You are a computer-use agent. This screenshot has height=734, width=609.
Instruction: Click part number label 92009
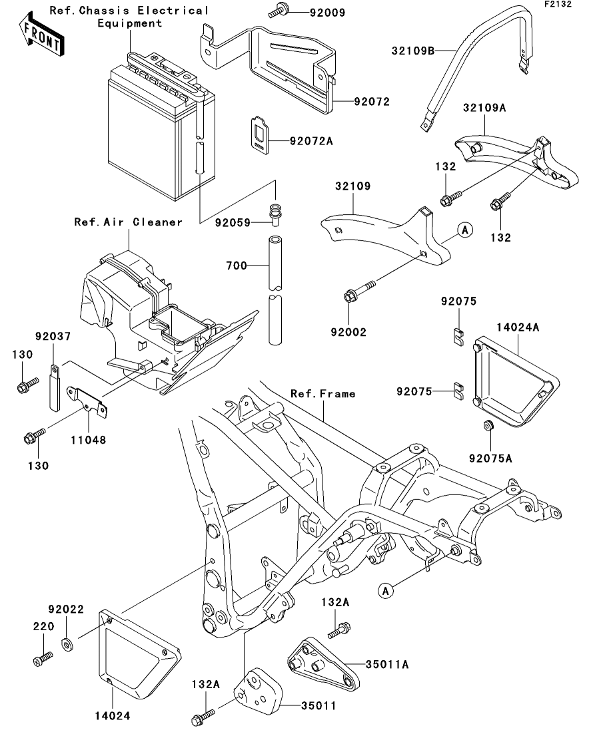[x=327, y=13]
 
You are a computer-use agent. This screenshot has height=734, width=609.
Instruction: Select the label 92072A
[x=311, y=141]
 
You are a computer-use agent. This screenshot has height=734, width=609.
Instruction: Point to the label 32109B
[x=413, y=51]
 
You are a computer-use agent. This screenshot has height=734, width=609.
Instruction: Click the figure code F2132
[x=558, y=4]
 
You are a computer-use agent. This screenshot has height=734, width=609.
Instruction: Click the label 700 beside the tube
[x=237, y=266]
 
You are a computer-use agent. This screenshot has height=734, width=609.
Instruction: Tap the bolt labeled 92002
[x=360, y=290]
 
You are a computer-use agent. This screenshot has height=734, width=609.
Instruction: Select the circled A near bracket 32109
[x=465, y=230]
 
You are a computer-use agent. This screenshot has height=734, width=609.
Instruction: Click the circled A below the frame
[x=385, y=591]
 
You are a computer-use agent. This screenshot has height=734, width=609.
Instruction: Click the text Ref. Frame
[x=323, y=394]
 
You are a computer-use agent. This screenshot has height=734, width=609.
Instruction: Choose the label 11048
[x=89, y=440]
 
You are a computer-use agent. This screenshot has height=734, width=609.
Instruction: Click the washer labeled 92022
[x=67, y=645]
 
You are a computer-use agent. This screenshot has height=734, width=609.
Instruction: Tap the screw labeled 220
[x=43, y=659]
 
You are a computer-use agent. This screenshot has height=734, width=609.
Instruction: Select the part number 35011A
[x=387, y=664]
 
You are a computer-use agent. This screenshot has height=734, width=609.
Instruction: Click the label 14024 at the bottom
[x=113, y=716]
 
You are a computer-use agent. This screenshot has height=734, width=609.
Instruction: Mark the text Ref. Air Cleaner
[x=129, y=222]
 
